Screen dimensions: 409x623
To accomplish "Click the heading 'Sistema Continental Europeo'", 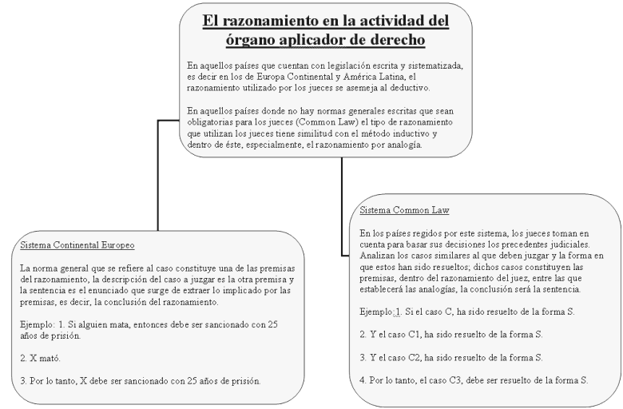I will [x=77, y=244].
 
